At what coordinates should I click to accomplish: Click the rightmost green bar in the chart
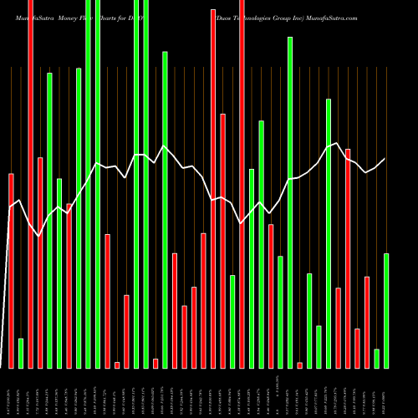(x=386, y=310)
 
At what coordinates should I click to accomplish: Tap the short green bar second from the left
(x=21, y=353)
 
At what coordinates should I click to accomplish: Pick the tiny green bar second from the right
(x=377, y=358)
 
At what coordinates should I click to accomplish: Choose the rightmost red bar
(x=367, y=322)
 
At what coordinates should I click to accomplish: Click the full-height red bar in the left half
(x=30, y=184)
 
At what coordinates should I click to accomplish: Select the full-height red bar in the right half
(x=242, y=184)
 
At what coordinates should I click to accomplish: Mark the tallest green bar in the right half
(x=290, y=201)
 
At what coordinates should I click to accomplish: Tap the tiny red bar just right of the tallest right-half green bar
(x=300, y=364)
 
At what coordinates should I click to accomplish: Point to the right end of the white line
(x=385, y=159)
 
